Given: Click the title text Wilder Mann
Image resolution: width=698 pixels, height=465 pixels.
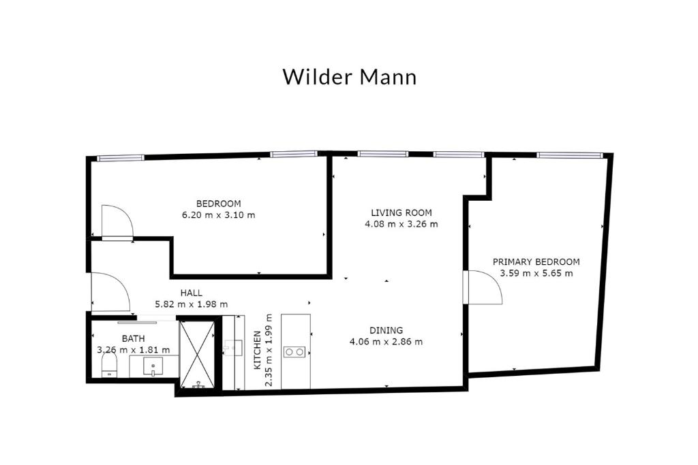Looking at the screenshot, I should pyautogui.click(x=349, y=76).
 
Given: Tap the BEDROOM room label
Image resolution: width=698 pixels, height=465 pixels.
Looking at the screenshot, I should pyautogui.click(x=218, y=204).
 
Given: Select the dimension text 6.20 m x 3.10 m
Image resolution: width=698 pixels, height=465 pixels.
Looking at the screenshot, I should pyautogui.click(x=218, y=215).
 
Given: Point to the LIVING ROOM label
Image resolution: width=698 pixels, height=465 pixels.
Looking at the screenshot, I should pyautogui.click(x=401, y=212).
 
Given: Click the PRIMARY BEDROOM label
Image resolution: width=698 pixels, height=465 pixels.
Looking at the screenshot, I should pyautogui.click(x=536, y=262).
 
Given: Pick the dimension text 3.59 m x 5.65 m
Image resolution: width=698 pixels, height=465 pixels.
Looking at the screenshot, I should pyautogui.click(x=536, y=274).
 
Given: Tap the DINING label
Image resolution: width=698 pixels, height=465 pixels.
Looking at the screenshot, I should pyautogui.click(x=386, y=331).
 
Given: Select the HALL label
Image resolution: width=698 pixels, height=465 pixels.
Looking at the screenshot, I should pyautogui.click(x=191, y=293).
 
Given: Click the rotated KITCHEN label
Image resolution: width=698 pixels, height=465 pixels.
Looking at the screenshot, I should pyautogui.click(x=257, y=351).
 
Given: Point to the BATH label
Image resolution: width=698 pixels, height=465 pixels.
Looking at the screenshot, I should pyautogui.click(x=133, y=338).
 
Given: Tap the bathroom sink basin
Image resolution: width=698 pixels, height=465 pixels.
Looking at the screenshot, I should pyautogui.click(x=155, y=367).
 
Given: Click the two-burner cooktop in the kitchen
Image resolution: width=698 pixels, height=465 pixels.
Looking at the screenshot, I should pyautogui.click(x=295, y=352).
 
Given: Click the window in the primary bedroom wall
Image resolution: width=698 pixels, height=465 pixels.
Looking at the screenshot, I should pyautogui.click(x=569, y=155).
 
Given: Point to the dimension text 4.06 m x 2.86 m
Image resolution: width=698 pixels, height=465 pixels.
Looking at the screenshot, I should pyautogui.click(x=386, y=342).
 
